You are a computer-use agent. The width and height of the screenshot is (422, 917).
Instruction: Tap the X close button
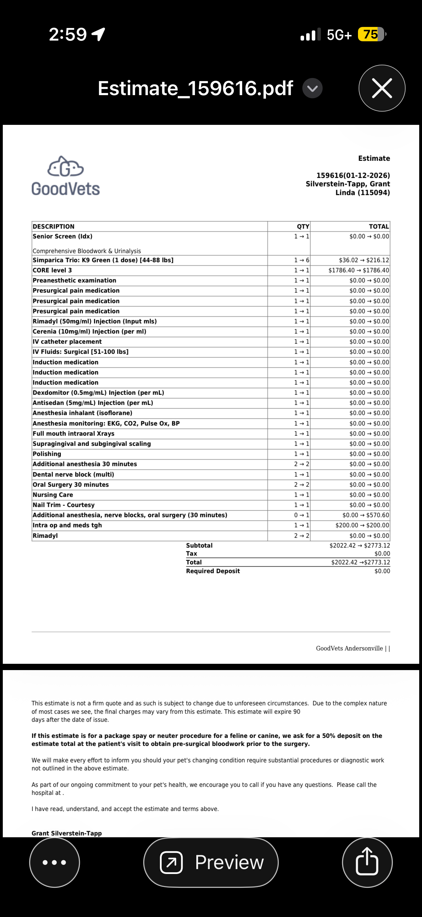[x=382, y=88]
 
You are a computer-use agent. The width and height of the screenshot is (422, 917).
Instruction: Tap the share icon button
[x=367, y=862]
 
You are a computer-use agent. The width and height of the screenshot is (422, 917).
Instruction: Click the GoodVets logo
[x=65, y=176]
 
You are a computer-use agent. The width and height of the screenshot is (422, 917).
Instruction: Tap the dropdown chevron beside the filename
[x=312, y=88]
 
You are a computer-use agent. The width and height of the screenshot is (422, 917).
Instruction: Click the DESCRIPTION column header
[x=54, y=226]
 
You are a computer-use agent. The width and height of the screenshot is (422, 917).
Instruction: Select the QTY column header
[x=303, y=226]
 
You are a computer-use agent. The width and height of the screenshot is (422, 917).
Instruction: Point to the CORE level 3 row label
[x=52, y=270]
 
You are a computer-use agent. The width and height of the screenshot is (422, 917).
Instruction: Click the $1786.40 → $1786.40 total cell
[x=359, y=270]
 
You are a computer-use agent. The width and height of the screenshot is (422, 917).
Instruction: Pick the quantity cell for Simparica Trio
[x=302, y=260]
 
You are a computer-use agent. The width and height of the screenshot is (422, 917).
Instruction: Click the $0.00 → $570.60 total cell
[x=366, y=515]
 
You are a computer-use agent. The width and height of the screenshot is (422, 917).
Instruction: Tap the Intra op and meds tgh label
[x=67, y=525]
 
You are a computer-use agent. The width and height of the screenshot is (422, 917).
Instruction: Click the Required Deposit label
[x=213, y=571]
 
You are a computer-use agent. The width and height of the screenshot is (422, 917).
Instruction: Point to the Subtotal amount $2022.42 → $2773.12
[x=360, y=545]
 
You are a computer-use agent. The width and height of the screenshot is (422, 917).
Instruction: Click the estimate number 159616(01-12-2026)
[x=353, y=176]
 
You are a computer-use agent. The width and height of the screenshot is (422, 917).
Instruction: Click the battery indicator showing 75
[x=371, y=35]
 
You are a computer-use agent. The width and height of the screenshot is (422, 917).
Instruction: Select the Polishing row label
[x=47, y=454]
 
